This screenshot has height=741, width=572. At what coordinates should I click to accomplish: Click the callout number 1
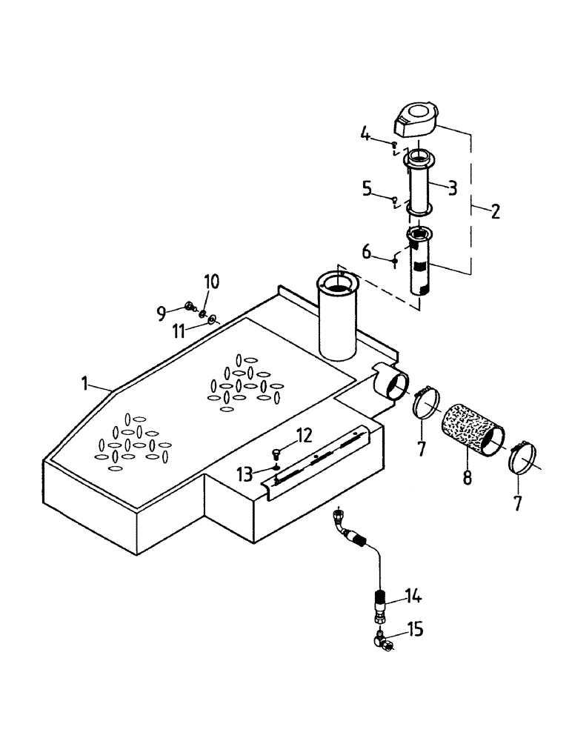point(86,383)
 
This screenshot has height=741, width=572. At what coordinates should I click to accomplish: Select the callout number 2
point(495,212)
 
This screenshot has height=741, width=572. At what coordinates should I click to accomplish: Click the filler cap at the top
point(416,118)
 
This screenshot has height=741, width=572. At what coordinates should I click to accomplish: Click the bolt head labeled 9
point(187,306)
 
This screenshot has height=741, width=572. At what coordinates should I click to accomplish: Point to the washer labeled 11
point(212,319)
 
